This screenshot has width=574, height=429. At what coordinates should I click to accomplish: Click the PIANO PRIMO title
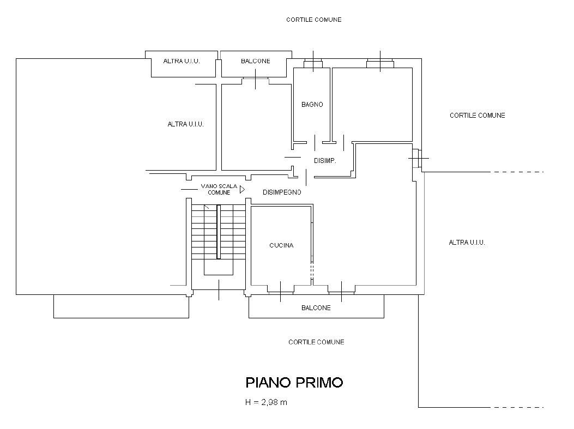tap(294, 383)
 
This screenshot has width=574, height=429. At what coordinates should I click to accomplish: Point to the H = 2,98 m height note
tap(267, 403)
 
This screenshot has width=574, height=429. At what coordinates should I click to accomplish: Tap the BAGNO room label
tap(312, 105)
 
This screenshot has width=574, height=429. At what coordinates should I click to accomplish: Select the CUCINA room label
tap(281, 245)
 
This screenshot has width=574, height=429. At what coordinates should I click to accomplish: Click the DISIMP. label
tap(325, 161)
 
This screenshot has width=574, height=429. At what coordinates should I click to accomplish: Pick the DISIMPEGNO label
tap(282, 192)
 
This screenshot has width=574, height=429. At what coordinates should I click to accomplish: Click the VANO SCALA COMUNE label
tap(219, 189)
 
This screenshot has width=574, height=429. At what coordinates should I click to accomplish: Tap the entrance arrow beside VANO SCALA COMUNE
tap(242, 190)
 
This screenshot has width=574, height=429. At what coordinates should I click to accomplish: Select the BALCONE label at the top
tap(255, 62)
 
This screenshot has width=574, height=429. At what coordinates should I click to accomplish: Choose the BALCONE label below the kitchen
tap(316, 308)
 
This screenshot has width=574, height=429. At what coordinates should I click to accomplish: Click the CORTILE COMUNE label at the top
tap(314, 20)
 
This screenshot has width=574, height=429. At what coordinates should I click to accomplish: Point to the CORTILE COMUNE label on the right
tap(478, 116)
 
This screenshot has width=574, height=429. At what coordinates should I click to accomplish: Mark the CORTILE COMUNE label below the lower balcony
tap(316, 342)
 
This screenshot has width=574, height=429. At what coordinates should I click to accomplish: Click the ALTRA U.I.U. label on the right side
tap(467, 243)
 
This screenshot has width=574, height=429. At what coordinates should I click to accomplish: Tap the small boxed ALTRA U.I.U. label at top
tap(182, 62)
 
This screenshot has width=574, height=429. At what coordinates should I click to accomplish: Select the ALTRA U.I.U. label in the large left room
tap(185, 124)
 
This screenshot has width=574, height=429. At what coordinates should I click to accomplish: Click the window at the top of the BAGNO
tap(313, 65)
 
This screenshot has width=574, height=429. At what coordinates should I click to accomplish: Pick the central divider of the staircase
tap(219, 232)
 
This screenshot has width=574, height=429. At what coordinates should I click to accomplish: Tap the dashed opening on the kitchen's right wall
tap(312, 271)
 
